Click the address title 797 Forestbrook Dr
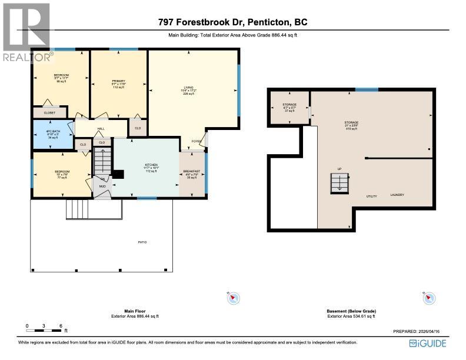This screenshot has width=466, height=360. (x=232, y=23)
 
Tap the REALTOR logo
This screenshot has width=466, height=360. (x=26, y=32)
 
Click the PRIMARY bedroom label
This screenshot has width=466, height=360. (x=118, y=81)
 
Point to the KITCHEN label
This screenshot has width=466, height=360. (x=152, y=165)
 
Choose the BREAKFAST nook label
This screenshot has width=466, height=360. (x=192, y=171)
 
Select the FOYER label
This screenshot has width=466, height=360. (x=196, y=142)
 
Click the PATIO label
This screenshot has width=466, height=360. (x=142, y=242)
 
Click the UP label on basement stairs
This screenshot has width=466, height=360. (x=339, y=169)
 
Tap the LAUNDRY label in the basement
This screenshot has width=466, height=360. (x=397, y=195)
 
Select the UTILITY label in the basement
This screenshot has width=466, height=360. (x=371, y=196)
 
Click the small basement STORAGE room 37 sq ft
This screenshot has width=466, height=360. (x=289, y=106)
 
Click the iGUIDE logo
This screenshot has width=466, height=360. (x=428, y=344)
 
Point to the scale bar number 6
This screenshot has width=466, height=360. (x=60, y=325)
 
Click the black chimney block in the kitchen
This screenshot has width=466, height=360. (x=118, y=174)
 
